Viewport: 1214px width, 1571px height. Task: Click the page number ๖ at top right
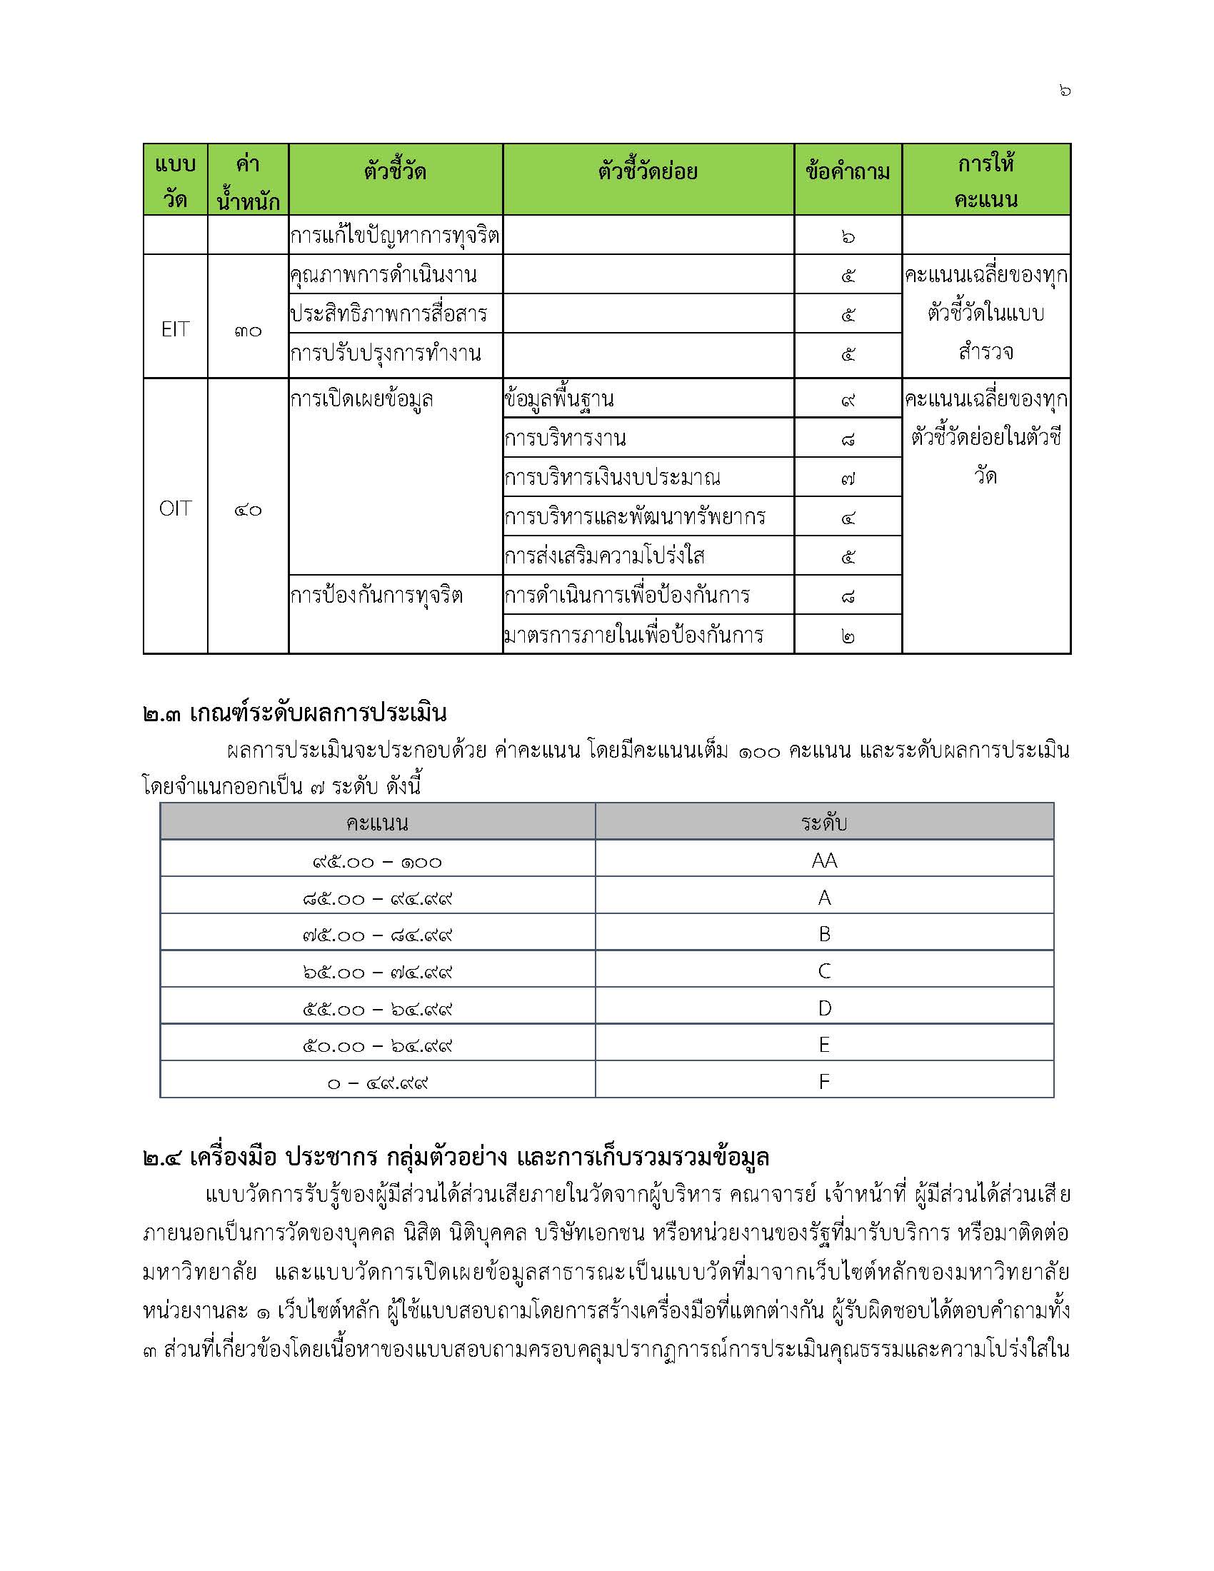pos(1065,91)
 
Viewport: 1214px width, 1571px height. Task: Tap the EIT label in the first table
pos(175,329)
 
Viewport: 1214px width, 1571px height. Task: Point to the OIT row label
pos(175,509)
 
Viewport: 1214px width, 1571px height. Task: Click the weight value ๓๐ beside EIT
pos(247,331)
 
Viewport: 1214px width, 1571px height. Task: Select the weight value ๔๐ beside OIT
pos(247,511)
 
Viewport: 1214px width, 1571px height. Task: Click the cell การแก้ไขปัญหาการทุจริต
pos(394,236)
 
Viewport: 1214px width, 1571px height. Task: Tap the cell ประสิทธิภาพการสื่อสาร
pos(388,314)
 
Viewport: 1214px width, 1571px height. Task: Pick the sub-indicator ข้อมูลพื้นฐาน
pos(560,399)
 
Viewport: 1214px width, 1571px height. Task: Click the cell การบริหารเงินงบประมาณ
pos(612,478)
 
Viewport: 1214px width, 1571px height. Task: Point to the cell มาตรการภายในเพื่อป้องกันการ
pos(633,635)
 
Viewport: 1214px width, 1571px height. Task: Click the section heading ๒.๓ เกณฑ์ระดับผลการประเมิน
pos(295,713)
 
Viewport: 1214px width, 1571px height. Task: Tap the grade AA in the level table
pos(824,860)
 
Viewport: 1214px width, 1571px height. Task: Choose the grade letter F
pos(824,1082)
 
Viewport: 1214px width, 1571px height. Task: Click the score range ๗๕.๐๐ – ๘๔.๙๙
pos(378,935)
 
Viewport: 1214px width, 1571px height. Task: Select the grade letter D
pos(824,1008)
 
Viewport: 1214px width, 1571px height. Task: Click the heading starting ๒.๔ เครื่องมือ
pos(456,1157)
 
